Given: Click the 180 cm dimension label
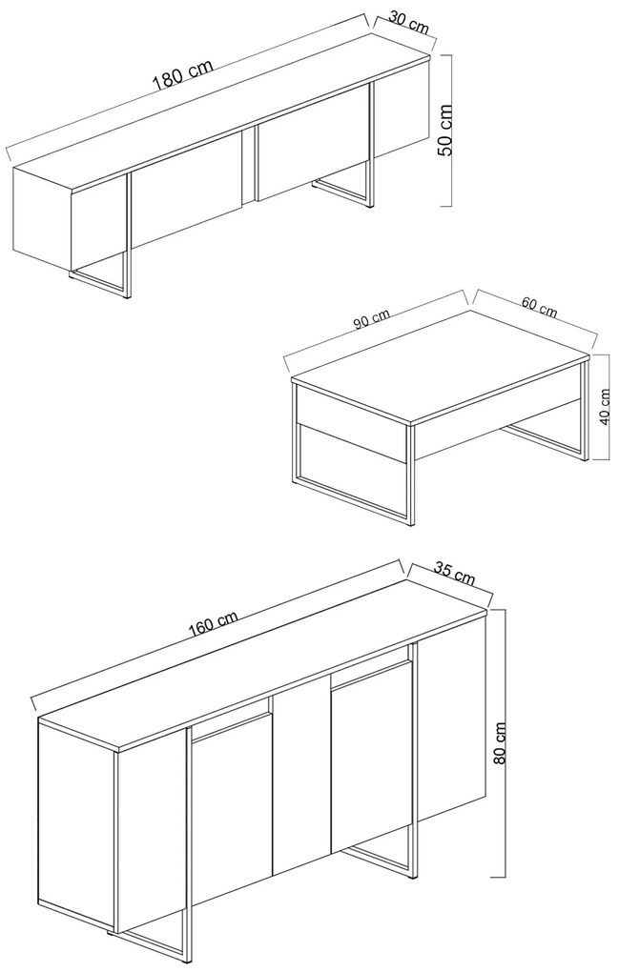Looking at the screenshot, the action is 183,73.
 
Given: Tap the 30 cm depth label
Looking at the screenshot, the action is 409,24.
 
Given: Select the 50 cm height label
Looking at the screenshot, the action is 444,131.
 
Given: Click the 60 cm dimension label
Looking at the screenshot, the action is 539,308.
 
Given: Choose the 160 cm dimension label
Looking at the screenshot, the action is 213,623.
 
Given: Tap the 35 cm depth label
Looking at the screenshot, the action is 453,574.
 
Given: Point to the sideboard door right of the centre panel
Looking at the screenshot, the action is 372,757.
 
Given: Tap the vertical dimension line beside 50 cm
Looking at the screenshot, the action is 450,131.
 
